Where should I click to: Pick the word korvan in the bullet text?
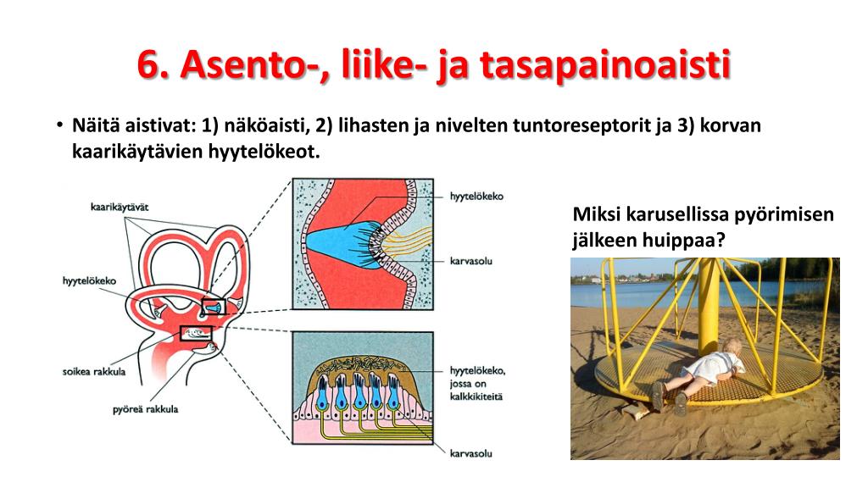point(732,126)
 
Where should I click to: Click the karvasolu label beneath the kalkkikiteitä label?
point(470,452)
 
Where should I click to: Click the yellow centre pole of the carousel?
point(709,305)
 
